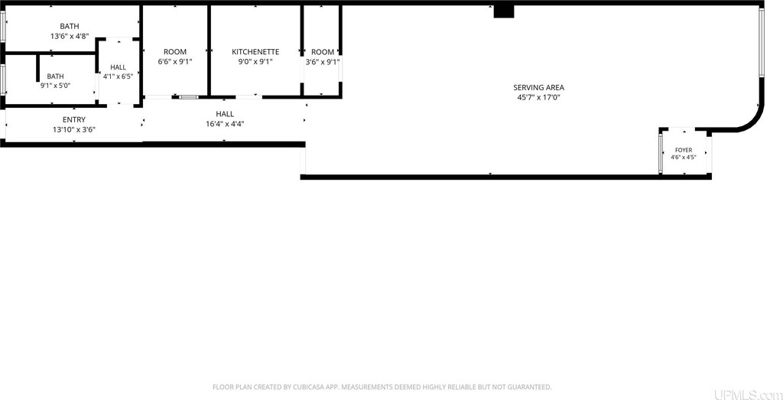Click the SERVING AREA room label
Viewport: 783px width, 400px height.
pyautogui.click(x=539, y=88)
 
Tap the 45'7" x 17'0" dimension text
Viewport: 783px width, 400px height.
pyautogui.click(x=539, y=97)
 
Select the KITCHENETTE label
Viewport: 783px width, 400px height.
pyautogui.click(x=255, y=52)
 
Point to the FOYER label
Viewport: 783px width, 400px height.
pyautogui.click(x=684, y=150)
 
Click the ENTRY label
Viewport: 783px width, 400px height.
pyautogui.click(x=74, y=120)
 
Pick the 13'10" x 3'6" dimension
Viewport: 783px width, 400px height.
pyautogui.click(x=74, y=130)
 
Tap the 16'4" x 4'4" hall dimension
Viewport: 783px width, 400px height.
pyautogui.click(x=225, y=124)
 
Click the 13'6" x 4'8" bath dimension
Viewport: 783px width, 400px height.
pyautogui.click(x=70, y=36)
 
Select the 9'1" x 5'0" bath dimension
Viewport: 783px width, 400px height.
pyautogui.click(x=55, y=86)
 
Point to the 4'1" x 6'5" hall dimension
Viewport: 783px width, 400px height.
pyautogui.click(x=119, y=76)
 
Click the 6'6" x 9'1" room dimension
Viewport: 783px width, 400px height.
pyautogui.click(x=175, y=62)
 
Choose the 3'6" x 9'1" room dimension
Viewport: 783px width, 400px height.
pyautogui.click(x=323, y=62)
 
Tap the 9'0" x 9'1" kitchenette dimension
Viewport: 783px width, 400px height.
pyautogui.click(x=255, y=62)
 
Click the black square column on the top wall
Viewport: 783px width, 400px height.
pyautogui.click(x=504, y=11)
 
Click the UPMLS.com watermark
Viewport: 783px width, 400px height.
pyautogui.click(x=748, y=395)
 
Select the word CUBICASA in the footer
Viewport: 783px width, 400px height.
pyautogui.click(x=304, y=387)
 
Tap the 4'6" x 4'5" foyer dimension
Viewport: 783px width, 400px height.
pyautogui.click(x=684, y=158)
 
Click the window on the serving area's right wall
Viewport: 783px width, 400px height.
pyautogui.click(x=762, y=43)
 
